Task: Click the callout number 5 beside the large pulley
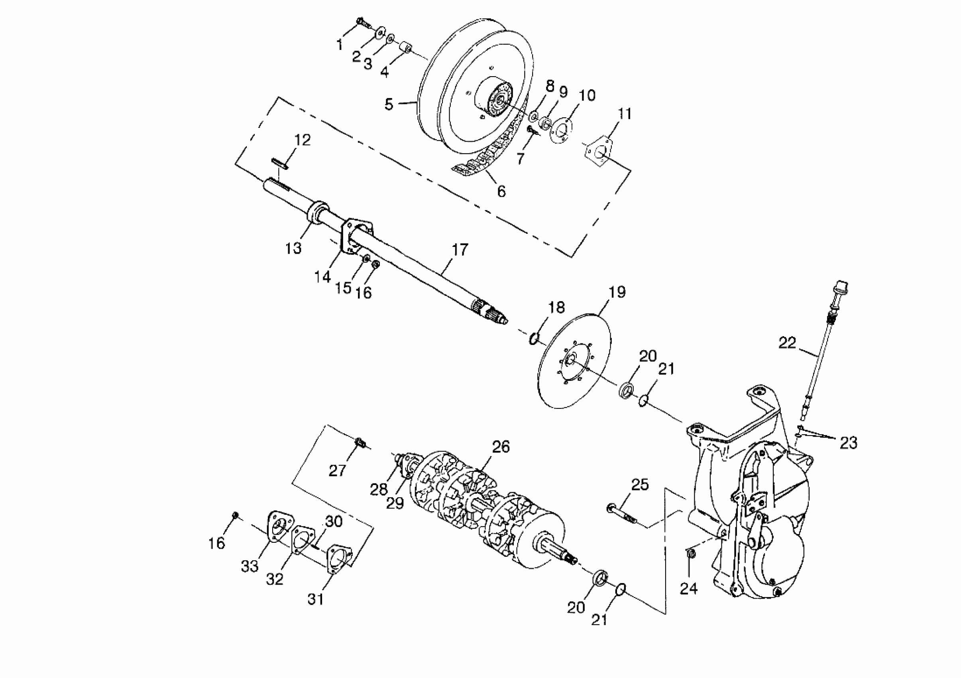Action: (389, 104)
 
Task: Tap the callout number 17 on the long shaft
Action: (460, 250)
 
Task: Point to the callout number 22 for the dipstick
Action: (787, 343)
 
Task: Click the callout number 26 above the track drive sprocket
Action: (501, 447)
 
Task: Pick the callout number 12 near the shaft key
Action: (303, 140)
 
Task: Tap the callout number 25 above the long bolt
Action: (640, 485)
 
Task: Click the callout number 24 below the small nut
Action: (688, 588)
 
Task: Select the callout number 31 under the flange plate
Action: (316, 599)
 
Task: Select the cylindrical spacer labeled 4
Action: (405, 47)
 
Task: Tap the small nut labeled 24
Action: (692, 554)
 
